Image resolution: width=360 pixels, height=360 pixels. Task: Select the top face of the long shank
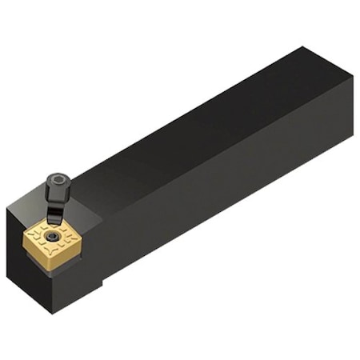(x=200, y=120)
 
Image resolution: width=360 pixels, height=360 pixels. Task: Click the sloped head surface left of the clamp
(x=28, y=210)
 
